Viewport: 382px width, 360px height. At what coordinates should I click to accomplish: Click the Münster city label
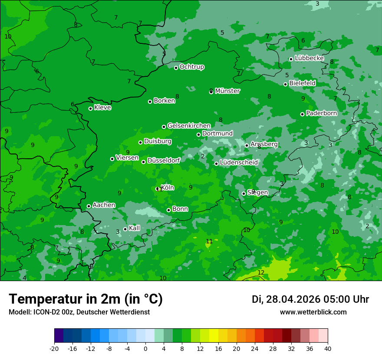click(x=227, y=91)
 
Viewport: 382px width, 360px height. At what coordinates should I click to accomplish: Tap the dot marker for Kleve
click(x=90, y=108)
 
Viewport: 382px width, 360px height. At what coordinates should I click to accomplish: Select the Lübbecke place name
click(x=309, y=58)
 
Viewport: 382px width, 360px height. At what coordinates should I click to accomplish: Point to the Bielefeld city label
click(x=302, y=83)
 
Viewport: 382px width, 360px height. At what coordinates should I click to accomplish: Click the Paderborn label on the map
click(x=321, y=113)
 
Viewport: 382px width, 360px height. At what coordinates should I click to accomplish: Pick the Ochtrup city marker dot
click(x=176, y=68)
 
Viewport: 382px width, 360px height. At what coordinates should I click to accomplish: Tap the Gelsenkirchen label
click(x=189, y=126)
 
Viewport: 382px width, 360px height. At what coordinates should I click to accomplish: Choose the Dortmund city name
click(x=217, y=134)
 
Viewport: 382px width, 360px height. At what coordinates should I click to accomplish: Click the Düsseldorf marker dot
click(x=143, y=162)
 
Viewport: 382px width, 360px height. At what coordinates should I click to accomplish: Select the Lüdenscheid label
click(x=239, y=163)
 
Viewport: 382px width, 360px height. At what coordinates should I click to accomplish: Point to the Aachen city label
click(x=104, y=205)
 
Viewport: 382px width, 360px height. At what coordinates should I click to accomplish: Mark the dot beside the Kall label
click(x=125, y=229)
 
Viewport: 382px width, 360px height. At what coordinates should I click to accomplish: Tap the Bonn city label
click(x=180, y=209)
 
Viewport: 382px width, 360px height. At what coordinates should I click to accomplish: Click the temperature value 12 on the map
click(x=261, y=272)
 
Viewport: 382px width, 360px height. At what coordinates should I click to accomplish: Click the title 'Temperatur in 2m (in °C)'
click(x=86, y=299)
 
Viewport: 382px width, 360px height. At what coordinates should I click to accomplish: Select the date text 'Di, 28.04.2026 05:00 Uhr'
click(x=310, y=299)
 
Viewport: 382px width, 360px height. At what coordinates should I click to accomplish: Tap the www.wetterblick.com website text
click(x=313, y=312)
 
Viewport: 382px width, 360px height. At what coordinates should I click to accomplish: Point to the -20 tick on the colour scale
click(x=54, y=348)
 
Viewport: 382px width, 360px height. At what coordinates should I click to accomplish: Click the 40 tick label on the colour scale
click(x=327, y=348)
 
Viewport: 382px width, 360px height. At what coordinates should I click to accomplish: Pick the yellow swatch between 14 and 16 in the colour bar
click(x=214, y=336)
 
